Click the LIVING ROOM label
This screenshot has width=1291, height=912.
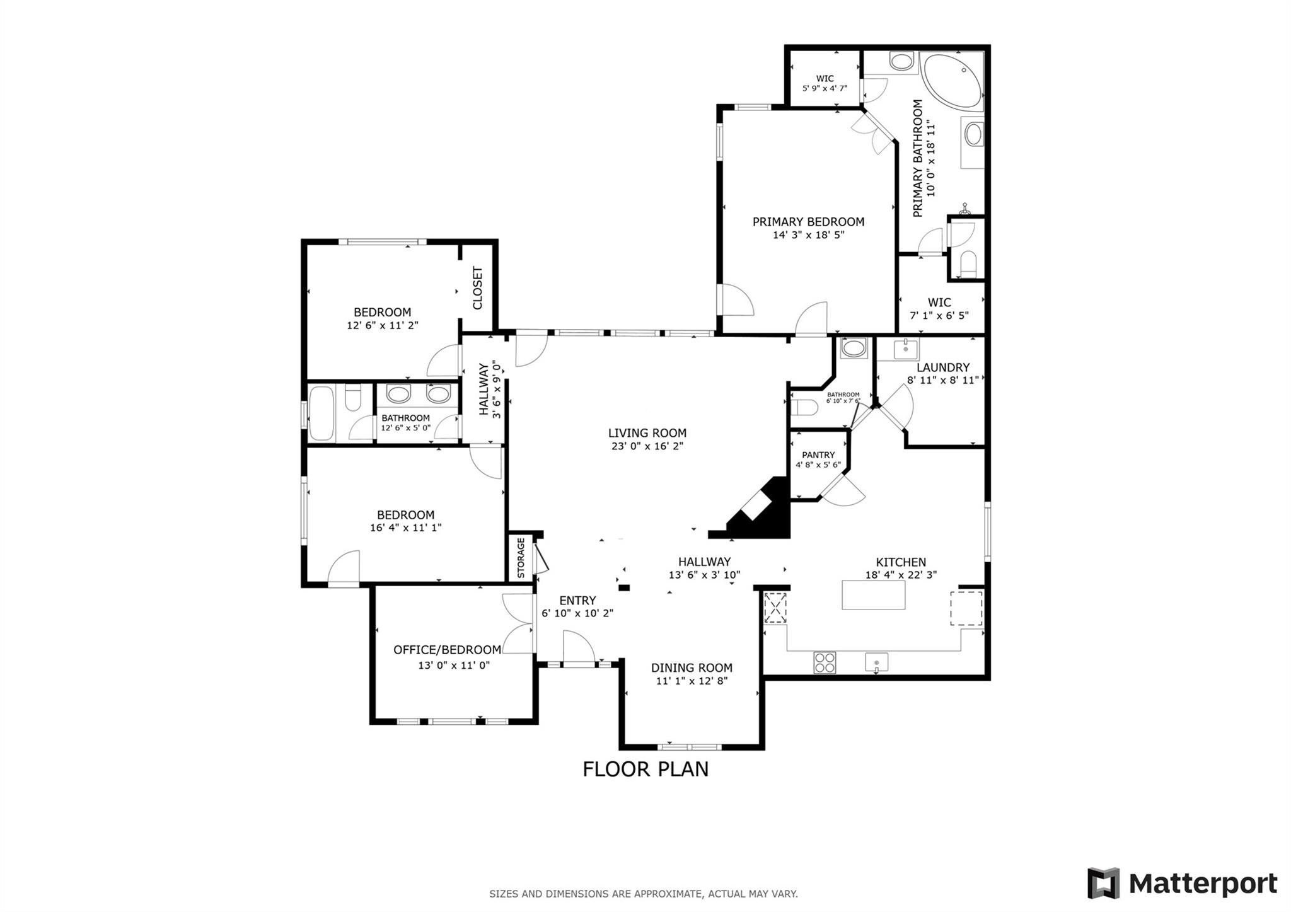647,433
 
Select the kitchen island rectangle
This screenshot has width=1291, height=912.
873,595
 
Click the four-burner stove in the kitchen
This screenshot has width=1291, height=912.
825,662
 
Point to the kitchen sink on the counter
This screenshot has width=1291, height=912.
876,662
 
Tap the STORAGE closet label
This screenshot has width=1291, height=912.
521,558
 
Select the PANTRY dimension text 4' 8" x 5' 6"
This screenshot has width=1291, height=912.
818,465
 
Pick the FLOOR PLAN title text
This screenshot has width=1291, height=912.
645,770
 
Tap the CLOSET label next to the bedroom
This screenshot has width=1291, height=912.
478,288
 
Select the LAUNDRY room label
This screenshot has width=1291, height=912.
943,367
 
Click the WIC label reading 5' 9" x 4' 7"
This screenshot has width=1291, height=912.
825,88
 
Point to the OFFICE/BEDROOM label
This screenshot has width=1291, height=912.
448,650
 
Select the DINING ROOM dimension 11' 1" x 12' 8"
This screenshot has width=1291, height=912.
692,681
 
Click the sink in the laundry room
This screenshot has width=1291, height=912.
905,347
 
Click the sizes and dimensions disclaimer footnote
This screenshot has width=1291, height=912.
643,894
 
